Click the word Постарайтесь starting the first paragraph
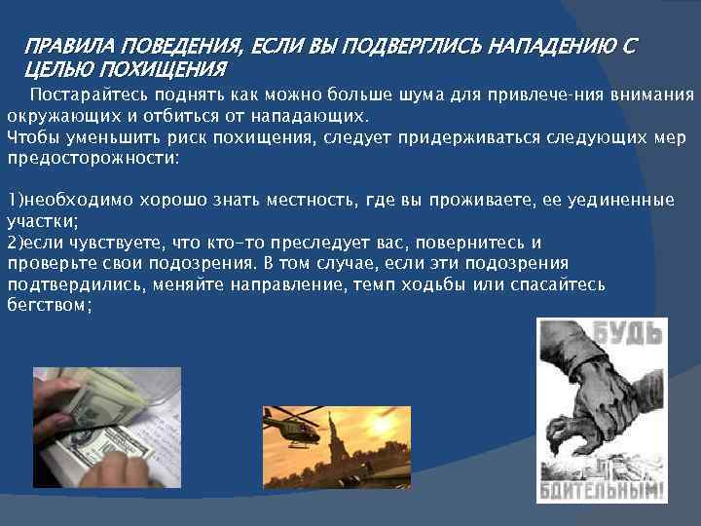(x=87, y=94)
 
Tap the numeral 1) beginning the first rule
(x=15, y=200)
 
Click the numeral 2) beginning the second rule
(x=15, y=243)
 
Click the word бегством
(x=49, y=305)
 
